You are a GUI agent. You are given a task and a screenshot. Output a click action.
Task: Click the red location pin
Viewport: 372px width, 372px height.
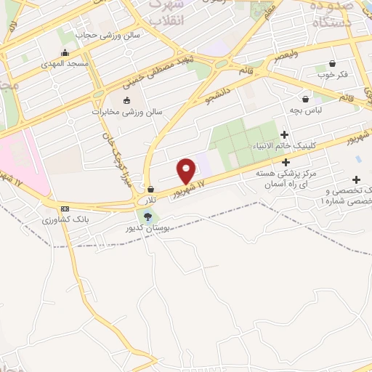point(186,171)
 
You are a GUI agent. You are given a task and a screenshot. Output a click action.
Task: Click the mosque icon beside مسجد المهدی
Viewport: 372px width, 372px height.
point(65,52)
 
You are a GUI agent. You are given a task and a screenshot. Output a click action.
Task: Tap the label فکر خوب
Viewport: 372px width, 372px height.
point(332,75)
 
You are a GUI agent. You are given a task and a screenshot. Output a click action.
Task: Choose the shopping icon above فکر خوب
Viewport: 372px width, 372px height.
point(332,63)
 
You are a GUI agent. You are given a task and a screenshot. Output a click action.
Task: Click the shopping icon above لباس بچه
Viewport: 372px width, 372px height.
point(306,98)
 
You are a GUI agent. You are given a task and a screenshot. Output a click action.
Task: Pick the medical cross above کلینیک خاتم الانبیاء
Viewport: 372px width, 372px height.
point(284,134)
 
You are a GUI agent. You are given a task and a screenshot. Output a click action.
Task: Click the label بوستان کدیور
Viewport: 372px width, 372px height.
point(148,228)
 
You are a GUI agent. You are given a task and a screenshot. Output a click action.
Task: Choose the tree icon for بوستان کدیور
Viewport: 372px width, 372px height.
point(148,216)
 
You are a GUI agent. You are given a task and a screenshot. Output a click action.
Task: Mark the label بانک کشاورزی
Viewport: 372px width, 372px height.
point(65,219)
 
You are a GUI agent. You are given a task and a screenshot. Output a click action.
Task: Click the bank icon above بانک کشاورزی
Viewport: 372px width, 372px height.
point(65,208)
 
